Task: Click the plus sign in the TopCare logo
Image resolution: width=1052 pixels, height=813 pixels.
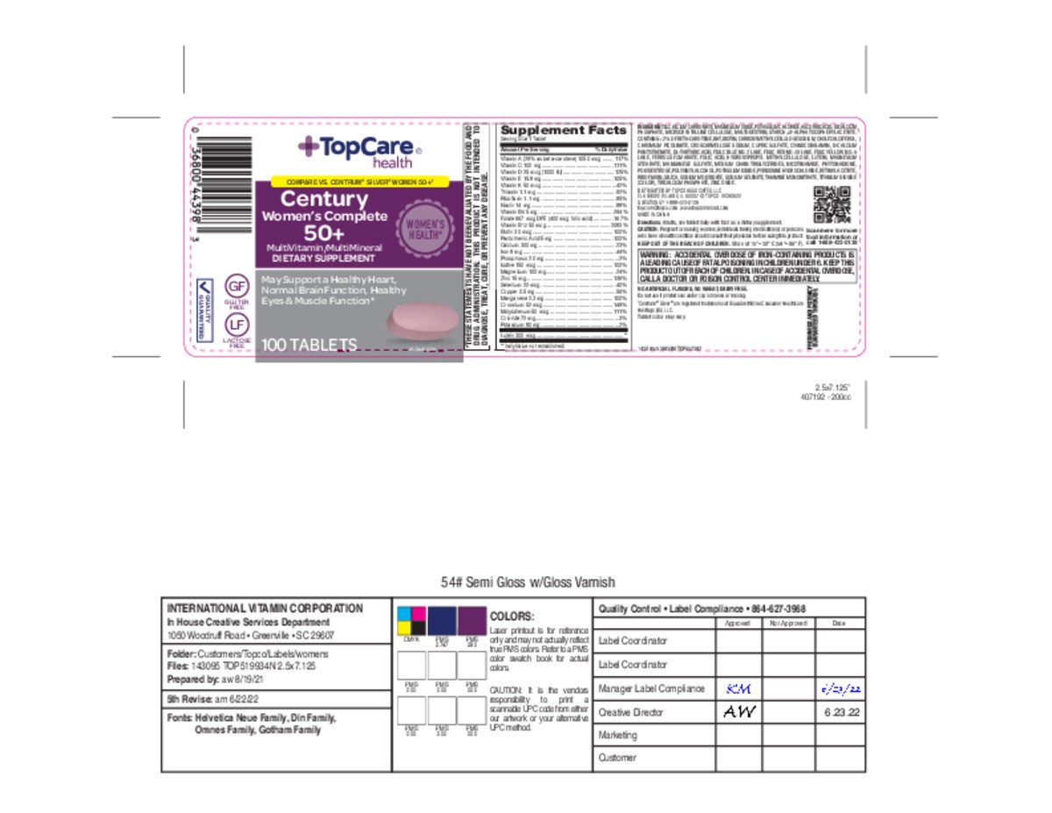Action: [309, 147]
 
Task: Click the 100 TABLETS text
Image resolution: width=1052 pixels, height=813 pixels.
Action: [309, 346]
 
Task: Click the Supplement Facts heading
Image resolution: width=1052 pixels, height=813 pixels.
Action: [563, 130]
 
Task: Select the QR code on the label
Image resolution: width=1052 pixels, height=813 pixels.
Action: [830, 204]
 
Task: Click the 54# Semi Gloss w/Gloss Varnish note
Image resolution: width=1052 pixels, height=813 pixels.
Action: [528, 582]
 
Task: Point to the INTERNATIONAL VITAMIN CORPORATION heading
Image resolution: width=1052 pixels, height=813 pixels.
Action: [264, 608]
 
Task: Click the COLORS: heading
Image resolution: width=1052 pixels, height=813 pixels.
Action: [511, 617]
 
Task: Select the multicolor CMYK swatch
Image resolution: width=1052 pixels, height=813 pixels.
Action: [411, 621]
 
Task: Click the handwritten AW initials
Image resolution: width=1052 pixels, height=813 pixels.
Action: [738, 711]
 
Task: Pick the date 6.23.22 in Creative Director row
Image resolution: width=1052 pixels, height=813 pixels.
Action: [840, 712]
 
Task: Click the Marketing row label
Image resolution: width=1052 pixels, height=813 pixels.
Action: [617, 735]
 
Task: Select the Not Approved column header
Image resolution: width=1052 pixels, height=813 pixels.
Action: [786, 623]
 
